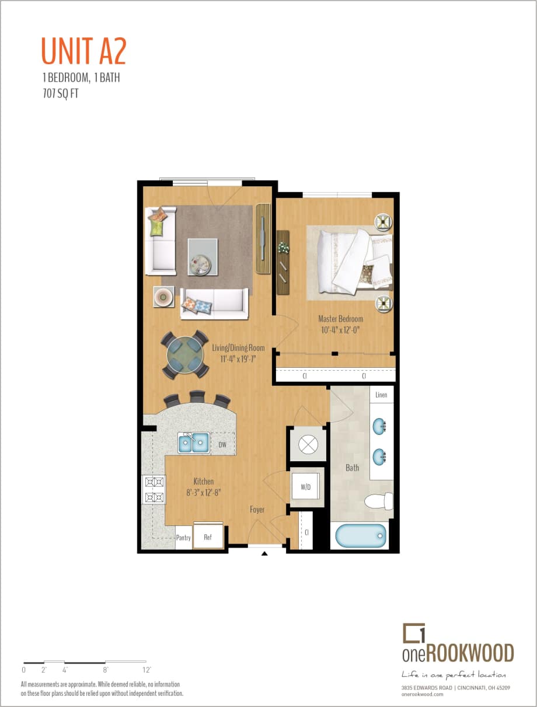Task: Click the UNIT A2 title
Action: pyautogui.click(x=83, y=51)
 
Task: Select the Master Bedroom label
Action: pyautogui.click(x=340, y=319)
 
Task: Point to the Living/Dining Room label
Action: pyautogui.click(x=238, y=348)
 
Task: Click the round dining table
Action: pyautogui.click(x=184, y=354)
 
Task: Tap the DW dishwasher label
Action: pyautogui.click(x=222, y=445)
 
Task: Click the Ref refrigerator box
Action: pyautogui.click(x=208, y=537)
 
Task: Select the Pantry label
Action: pyautogui.click(x=183, y=538)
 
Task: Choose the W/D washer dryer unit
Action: pyautogui.click(x=306, y=487)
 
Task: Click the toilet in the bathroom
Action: pyautogui.click(x=379, y=501)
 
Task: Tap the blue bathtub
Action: pyautogui.click(x=359, y=535)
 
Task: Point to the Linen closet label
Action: pyautogui.click(x=381, y=395)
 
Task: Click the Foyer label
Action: pyautogui.click(x=257, y=510)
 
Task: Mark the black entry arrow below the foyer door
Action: pyautogui.click(x=264, y=553)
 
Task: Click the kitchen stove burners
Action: pyautogui.click(x=154, y=490)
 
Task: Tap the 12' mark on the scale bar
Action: pyautogui.click(x=147, y=670)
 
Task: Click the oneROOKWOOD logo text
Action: pyautogui.click(x=458, y=652)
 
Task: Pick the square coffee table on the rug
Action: pyautogui.click(x=203, y=257)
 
